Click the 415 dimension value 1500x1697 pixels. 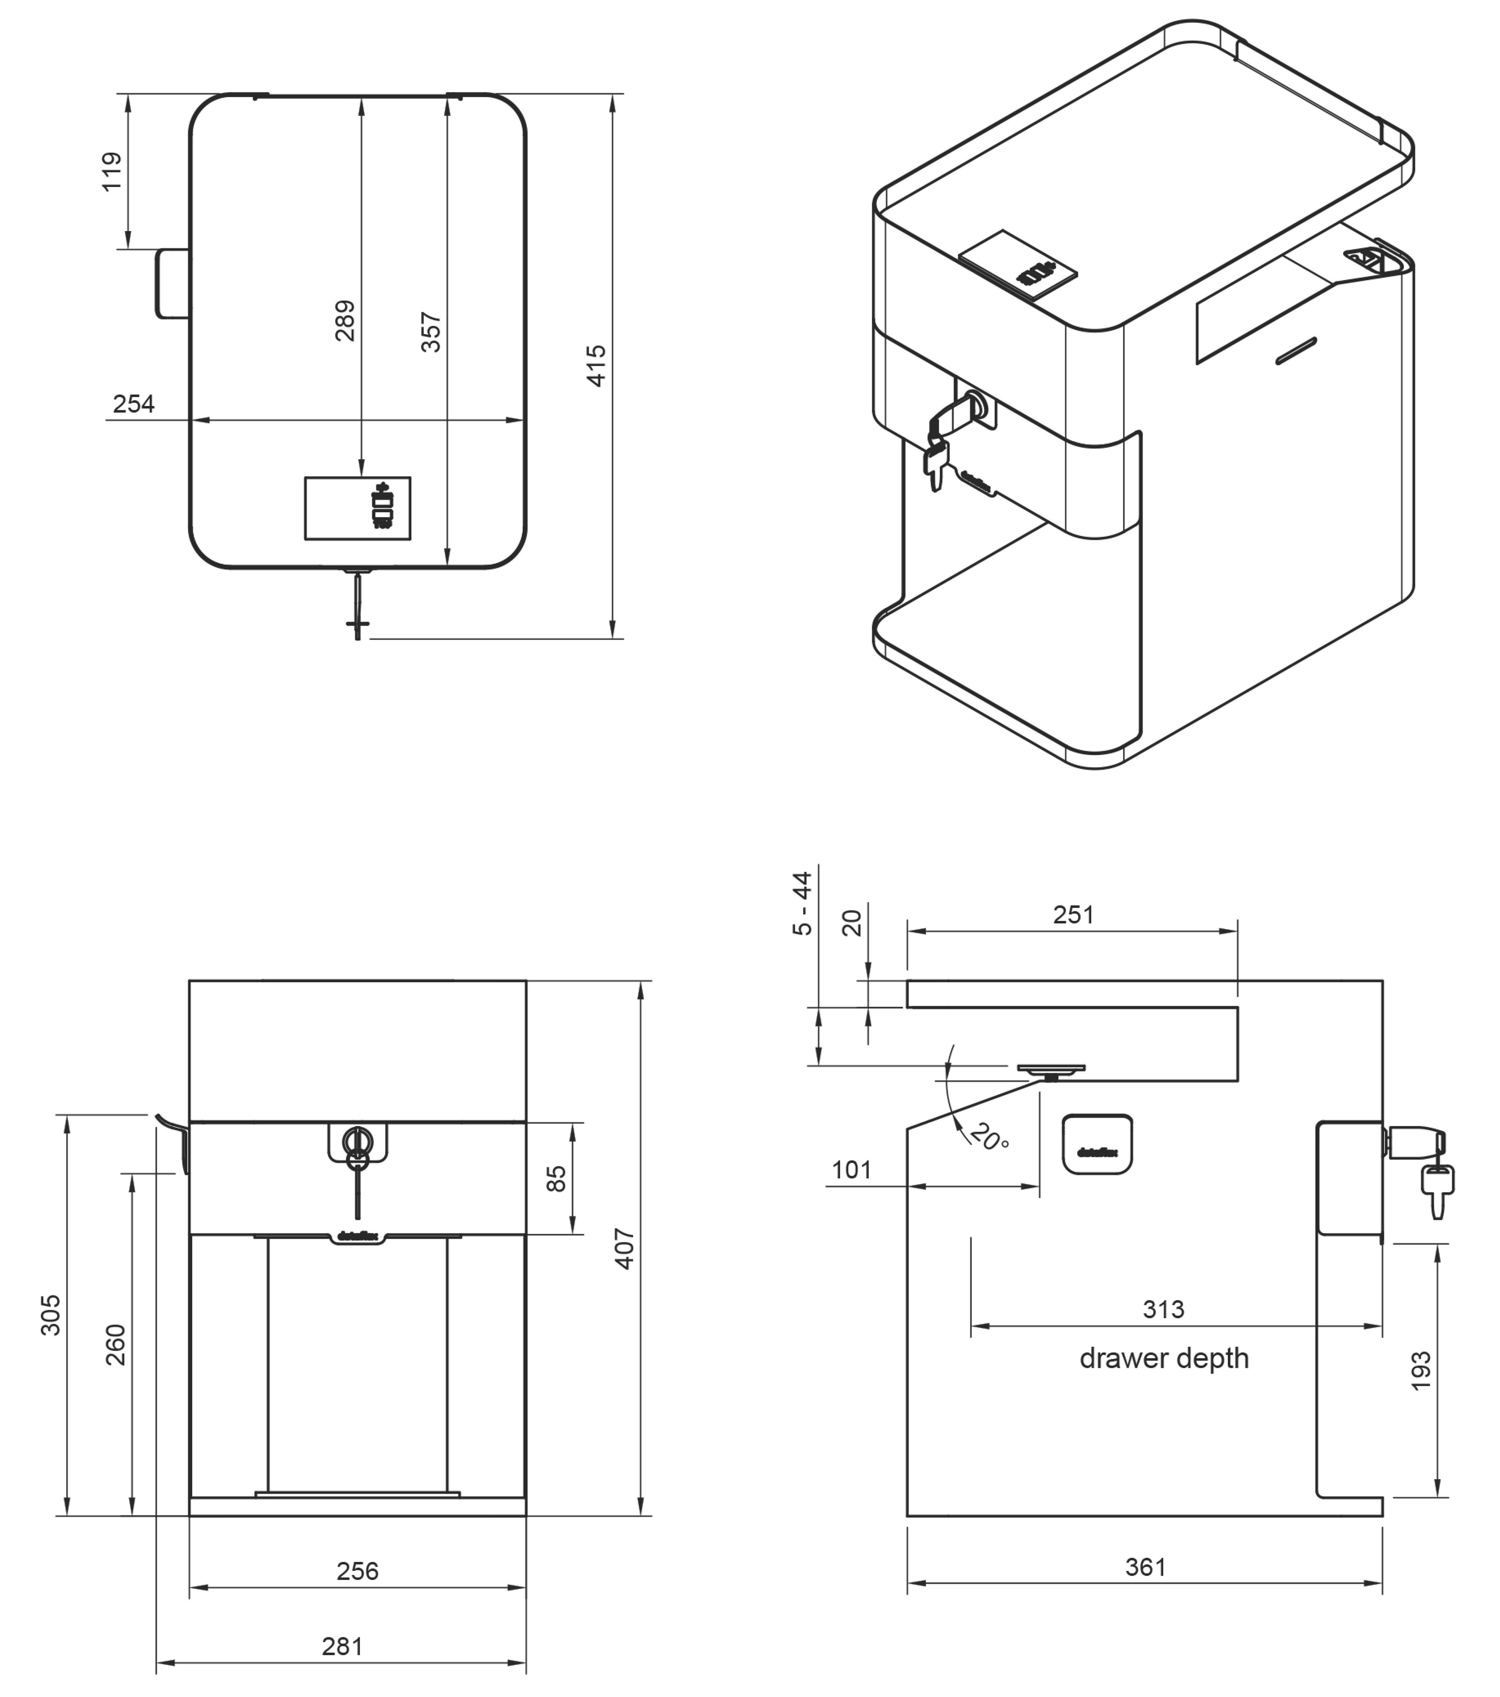(x=596, y=366)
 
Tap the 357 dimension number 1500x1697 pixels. (x=431, y=332)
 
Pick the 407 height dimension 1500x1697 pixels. (x=625, y=1249)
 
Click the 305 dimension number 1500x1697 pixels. (x=51, y=1315)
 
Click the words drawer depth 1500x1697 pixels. (x=1164, y=1358)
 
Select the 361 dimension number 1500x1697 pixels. (x=1145, y=1567)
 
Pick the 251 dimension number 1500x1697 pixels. (x=1073, y=915)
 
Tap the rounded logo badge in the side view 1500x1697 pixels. (x=1097, y=1144)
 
